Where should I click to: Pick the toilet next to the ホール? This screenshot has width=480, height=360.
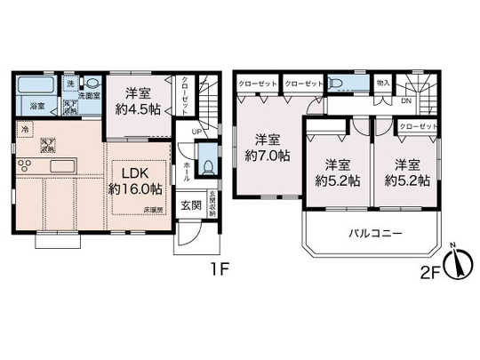207,166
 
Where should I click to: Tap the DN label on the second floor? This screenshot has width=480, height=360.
405,101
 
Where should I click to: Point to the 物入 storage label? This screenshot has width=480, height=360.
382,82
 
